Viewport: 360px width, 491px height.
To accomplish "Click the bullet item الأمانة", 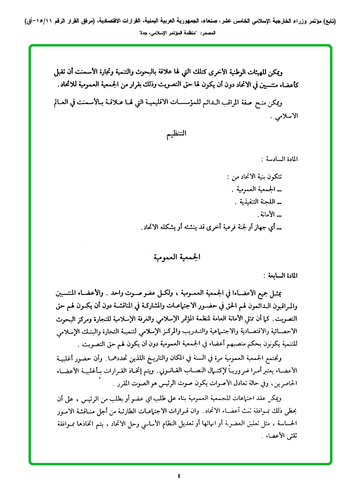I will pyautogui.click(x=268, y=214).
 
